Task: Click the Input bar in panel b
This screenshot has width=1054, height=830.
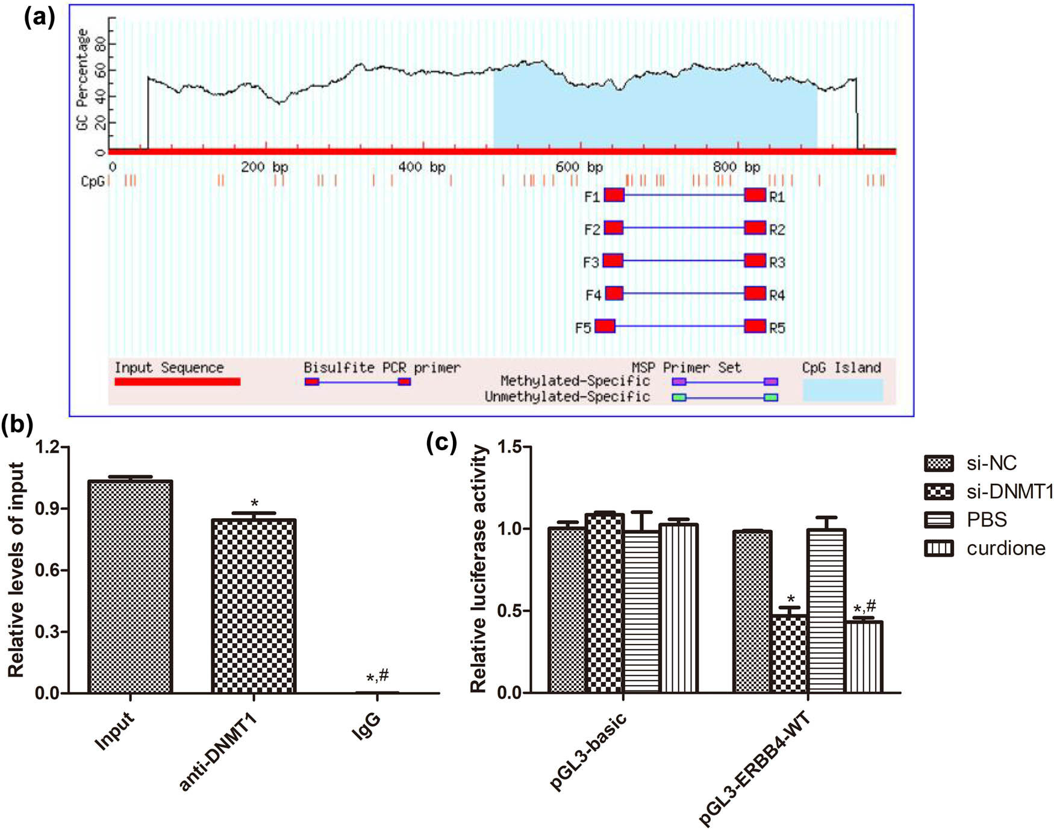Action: click(x=130, y=587)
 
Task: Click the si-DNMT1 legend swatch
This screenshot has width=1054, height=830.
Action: click(x=938, y=492)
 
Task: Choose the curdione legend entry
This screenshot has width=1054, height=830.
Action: click(x=1005, y=548)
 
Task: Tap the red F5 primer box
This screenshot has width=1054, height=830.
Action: click(x=605, y=326)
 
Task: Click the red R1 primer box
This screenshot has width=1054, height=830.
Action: click(x=755, y=194)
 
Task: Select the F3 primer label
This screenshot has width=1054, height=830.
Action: click(x=591, y=263)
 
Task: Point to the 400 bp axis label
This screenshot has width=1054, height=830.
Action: click(x=420, y=167)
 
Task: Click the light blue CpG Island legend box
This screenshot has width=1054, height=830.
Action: click(x=843, y=390)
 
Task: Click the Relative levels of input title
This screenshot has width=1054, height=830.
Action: click(x=16, y=569)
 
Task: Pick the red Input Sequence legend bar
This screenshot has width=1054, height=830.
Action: click(x=177, y=382)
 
